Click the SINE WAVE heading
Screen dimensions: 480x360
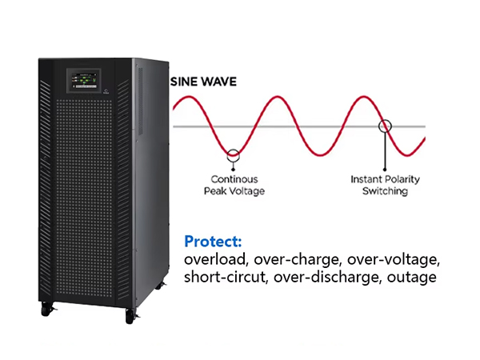pos(203,82)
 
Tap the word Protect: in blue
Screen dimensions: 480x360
pos(213,242)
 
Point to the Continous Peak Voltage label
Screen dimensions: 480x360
pos(234,186)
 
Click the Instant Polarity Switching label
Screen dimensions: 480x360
pos(385,186)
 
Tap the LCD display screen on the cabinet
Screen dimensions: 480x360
pos(84,81)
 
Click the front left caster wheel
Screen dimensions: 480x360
pos(46,310)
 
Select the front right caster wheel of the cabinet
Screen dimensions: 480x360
pos(130,316)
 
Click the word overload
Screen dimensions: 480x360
pos(215,259)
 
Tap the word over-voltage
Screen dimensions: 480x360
pos(394,260)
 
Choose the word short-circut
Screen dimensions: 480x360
pos(226,277)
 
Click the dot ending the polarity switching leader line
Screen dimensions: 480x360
pos(385,170)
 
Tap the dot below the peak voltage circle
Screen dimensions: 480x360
pos(234,170)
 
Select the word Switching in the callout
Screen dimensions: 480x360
pos(385,191)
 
